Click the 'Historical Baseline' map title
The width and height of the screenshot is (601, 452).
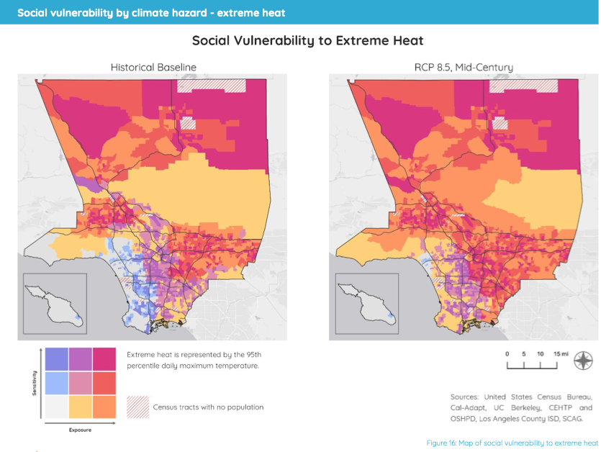[153, 67]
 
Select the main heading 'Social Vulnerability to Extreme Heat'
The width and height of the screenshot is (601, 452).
[307, 41]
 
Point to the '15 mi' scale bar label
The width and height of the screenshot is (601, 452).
[561, 354]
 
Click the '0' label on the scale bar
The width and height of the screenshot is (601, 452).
[507, 354]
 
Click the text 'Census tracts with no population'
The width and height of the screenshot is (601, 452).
[208, 407]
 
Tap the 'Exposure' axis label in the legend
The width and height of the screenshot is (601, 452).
[79, 430]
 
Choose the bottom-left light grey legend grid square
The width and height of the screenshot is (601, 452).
[56, 407]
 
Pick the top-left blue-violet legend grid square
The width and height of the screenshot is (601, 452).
[56, 358]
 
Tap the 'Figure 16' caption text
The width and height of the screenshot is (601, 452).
[512, 443]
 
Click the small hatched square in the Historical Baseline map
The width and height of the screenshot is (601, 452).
[188, 123]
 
